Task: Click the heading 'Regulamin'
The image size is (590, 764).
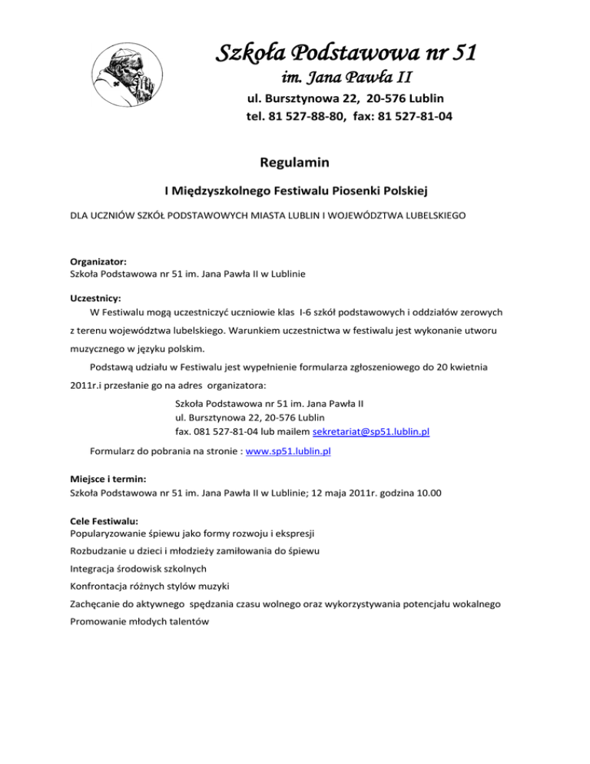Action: pos(295,162)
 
